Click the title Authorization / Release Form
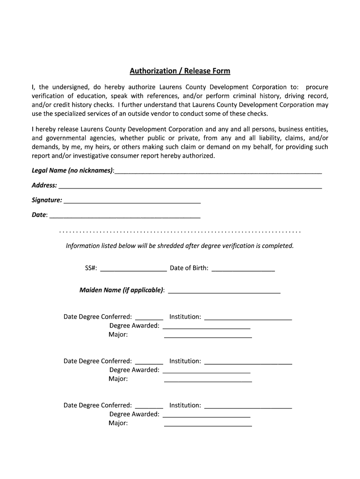click(x=180, y=71)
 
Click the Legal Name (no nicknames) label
click(x=72, y=171)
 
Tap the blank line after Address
click(x=190, y=187)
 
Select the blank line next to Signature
click(x=132, y=202)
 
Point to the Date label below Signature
click(x=39, y=215)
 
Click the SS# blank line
click(x=133, y=269)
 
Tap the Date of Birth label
click(x=189, y=268)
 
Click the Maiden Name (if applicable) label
click(x=122, y=290)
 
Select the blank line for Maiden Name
click(x=224, y=291)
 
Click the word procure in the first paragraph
click(x=317, y=87)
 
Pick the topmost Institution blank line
click(x=248, y=318)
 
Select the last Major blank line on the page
click(x=208, y=425)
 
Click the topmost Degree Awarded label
click(x=134, y=326)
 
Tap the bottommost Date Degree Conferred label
click(x=98, y=405)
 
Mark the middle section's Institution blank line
click(x=248, y=363)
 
